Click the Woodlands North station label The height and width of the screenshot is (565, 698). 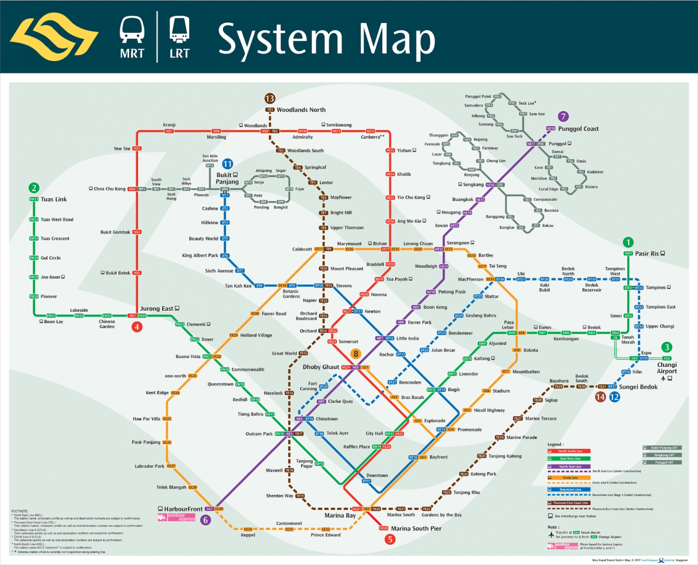click(301, 110)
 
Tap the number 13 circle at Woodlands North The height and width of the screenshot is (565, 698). click(269, 98)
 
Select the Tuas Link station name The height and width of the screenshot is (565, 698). click(53, 199)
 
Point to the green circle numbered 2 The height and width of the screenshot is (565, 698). click(34, 188)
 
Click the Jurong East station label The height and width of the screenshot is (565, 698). click(157, 309)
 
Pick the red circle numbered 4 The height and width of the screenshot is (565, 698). click(137, 327)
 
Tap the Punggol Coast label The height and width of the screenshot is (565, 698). click(578, 129)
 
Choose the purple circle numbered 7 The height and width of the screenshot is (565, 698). click(563, 116)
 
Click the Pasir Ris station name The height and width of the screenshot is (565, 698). click(647, 253)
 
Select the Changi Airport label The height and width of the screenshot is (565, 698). click(666, 368)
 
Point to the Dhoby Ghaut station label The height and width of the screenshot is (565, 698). click(321, 367)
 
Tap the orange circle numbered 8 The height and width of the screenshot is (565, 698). click(356, 354)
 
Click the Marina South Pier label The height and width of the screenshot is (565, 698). click(416, 528)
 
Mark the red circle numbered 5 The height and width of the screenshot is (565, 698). click(390, 539)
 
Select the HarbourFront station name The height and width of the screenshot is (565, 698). click(183, 509)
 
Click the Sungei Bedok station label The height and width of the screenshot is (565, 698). click(638, 387)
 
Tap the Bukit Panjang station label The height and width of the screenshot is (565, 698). click(227, 179)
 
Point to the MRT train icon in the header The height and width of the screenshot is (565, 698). click(132, 29)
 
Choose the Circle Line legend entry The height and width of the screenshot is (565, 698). click(570, 478)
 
